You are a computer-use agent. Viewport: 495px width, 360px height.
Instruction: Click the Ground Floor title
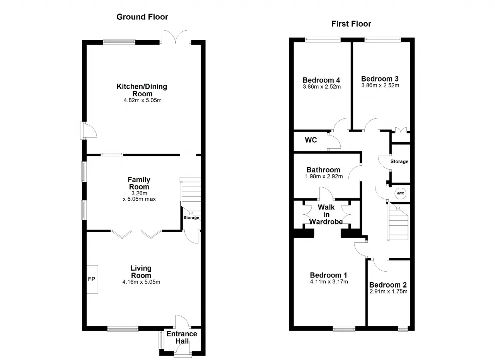[x=142, y=17]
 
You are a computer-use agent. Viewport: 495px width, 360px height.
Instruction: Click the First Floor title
[x=351, y=24]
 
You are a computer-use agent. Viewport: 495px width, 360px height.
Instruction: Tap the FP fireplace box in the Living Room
[x=92, y=279]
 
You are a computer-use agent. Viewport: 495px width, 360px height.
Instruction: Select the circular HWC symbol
[x=400, y=193]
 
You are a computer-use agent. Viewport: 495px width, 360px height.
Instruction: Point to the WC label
[x=311, y=140]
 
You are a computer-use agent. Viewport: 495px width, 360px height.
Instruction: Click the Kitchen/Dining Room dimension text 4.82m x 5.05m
[x=143, y=100]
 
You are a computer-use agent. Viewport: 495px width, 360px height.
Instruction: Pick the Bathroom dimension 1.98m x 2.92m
[x=324, y=176]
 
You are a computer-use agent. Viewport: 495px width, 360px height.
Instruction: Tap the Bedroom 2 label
[x=388, y=285]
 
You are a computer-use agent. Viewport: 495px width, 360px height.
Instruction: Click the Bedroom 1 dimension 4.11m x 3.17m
[x=329, y=281]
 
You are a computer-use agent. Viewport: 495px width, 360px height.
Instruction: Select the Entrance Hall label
[x=182, y=337]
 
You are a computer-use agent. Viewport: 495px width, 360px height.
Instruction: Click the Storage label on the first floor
[x=399, y=161]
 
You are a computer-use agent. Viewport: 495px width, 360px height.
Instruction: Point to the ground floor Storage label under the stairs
[x=191, y=218]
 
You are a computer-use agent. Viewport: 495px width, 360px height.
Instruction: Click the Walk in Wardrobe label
[x=326, y=214]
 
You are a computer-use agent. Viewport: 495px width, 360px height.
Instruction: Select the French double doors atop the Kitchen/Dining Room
[x=176, y=37]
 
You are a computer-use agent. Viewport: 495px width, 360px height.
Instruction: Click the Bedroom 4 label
[x=321, y=80]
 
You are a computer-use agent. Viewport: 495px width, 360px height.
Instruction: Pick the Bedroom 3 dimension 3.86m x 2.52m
[x=380, y=86]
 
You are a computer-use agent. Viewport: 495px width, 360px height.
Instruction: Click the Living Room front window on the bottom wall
[x=123, y=329]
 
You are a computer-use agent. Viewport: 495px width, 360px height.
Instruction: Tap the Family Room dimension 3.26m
[x=139, y=193]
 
